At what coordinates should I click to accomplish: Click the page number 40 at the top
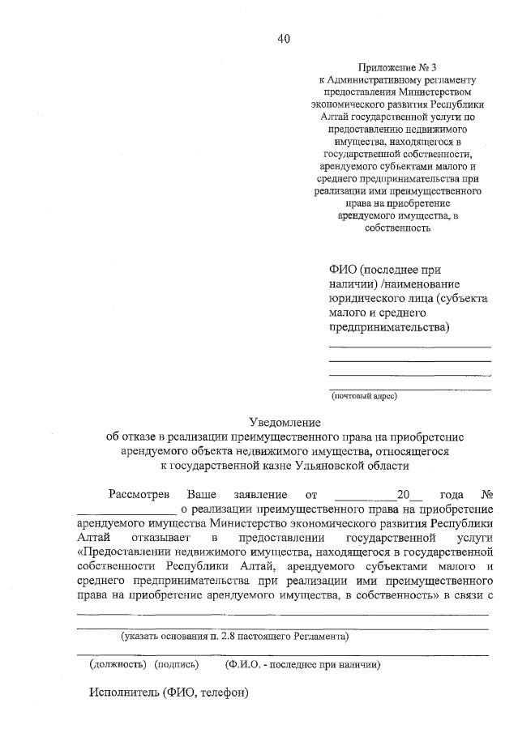pyautogui.click(x=284, y=38)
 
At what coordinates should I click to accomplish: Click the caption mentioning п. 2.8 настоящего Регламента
pyautogui.click(x=235, y=637)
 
